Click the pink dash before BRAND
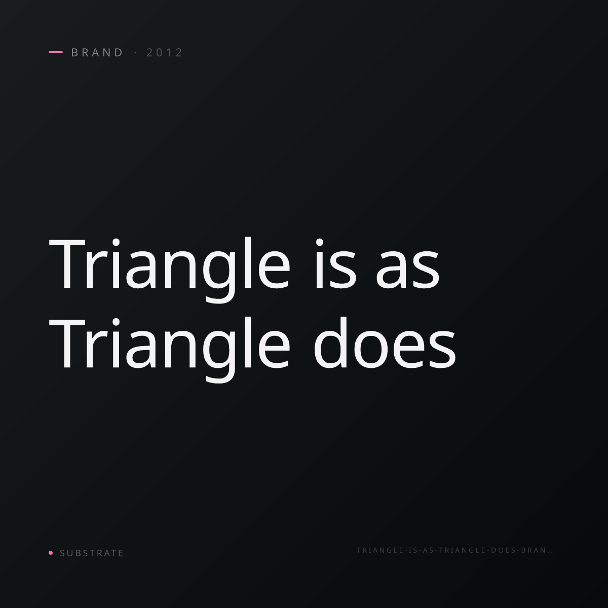(x=56, y=52)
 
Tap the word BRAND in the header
(x=97, y=52)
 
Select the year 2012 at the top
(x=164, y=52)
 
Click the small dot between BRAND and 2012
(x=136, y=52)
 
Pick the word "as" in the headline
(x=408, y=269)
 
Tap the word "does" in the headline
(x=385, y=343)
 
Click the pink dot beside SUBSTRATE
(x=51, y=552)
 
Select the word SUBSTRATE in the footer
(x=92, y=553)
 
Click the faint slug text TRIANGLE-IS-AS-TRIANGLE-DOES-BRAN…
(x=454, y=550)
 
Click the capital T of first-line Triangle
(x=67, y=264)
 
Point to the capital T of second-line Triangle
(x=67, y=344)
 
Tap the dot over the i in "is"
(x=319, y=242)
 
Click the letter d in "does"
(x=330, y=343)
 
